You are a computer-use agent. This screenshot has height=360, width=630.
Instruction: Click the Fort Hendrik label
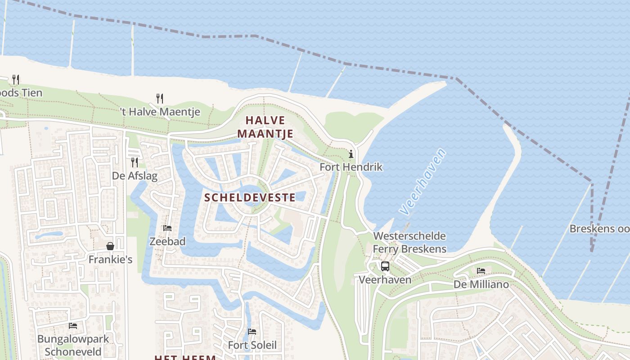(x=351, y=167)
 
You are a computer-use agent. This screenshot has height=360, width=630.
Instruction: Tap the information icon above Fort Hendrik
(x=351, y=154)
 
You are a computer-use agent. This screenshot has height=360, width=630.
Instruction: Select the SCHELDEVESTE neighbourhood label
(x=250, y=197)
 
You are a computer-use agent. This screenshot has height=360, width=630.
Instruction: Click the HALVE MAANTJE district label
(x=265, y=127)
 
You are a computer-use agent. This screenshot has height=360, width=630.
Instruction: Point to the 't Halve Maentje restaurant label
(x=160, y=112)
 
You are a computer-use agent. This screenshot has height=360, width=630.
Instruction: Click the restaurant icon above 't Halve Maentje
(x=159, y=98)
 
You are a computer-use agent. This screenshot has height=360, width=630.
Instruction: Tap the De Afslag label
(x=135, y=175)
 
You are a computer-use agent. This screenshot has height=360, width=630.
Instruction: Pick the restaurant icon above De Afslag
(x=134, y=162)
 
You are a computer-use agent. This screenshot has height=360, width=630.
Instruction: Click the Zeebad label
(x=167, y=242)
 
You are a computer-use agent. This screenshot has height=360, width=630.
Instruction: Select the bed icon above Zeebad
(x=167, y=228)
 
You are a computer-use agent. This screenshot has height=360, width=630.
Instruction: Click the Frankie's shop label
(x=110, y=260)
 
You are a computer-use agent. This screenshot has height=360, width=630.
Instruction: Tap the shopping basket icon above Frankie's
(x=110, y=246)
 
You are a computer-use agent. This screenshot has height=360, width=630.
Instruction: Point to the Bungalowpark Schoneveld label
(x=73, y=345)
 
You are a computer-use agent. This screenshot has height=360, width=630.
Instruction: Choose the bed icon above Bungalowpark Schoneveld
(x=73, y=325)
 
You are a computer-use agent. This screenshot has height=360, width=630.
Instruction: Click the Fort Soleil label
(x=252, y=345)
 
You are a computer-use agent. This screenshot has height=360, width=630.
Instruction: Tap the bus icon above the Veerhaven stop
(x=385, y=266)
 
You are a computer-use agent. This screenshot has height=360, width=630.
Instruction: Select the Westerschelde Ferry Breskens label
(x=409, y=242)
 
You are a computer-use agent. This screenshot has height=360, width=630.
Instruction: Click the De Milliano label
(x=481, y=284)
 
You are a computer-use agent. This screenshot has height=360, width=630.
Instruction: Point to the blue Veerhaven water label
(x=423, y=181)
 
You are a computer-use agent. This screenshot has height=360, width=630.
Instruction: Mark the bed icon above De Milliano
(x=481, y=270)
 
